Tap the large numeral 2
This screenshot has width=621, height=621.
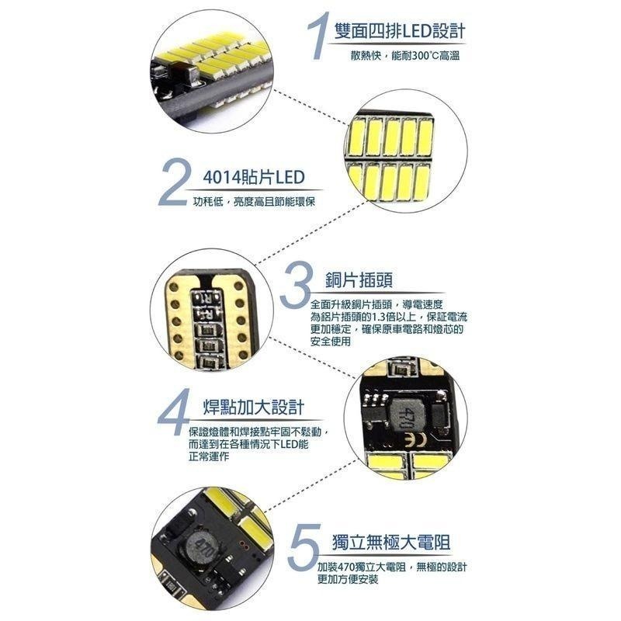172,182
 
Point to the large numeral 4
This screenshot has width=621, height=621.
174,412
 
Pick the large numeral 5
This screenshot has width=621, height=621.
304,546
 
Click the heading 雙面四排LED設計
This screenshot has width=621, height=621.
399,31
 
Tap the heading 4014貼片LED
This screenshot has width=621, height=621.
254,178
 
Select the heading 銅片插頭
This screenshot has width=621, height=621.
359,280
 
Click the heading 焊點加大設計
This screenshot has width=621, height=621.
254,407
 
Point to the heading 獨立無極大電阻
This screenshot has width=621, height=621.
391,542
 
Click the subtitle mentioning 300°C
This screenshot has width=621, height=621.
405,55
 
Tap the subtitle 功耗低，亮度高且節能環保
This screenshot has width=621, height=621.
255,202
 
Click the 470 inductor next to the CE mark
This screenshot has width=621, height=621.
404,418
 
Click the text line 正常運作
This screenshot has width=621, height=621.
209,456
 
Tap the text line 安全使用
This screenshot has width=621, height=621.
331,341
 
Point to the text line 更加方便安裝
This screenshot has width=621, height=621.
348,579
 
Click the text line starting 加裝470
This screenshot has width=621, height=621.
392,567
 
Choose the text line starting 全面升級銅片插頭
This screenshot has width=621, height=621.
376,304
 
